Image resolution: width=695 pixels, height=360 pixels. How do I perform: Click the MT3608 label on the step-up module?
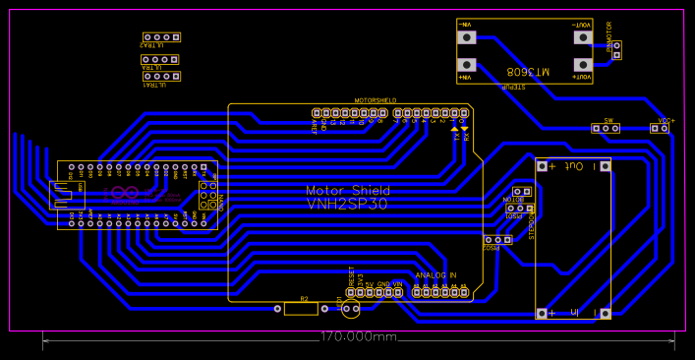click(x=526, y=72)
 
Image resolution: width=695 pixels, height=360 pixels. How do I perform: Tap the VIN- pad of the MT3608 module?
click(x=467, y=38)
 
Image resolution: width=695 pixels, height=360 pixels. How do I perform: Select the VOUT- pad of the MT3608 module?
click(x=583, y=38)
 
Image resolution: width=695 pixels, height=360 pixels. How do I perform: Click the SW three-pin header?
click(x=606, y=129)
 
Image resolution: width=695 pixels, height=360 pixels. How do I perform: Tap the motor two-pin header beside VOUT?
click(x=616, y=50)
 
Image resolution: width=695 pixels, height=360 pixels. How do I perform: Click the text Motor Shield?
click(x=348, y=190)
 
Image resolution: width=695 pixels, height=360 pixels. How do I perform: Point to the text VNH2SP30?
click(x=348, y=203)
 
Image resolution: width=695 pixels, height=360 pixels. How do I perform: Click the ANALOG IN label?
click(x=435, y=275)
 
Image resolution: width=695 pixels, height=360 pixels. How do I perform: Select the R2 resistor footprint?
click(x=301, y=309)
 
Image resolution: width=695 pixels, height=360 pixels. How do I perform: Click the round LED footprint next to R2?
click(x=350, y=308)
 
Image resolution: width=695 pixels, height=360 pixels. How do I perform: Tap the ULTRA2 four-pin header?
click(x=161, y=37)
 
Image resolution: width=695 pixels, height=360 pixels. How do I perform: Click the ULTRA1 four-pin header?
click(x=161, y=76)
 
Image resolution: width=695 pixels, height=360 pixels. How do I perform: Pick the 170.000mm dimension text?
click(x=358, y=337)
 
